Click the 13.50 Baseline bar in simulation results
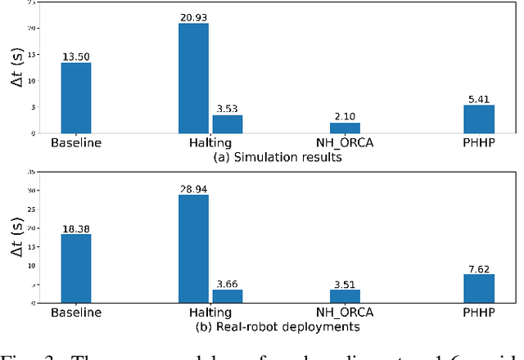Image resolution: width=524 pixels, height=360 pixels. (75, 97)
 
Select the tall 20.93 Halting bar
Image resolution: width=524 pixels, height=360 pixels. (193, 78)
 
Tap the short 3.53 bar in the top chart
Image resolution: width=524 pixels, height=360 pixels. (227, 124)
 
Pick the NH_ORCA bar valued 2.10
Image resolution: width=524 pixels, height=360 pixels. (344, 128)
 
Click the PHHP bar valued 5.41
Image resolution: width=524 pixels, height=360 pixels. (479, 119)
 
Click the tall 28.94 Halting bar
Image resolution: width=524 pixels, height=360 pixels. (193, 249)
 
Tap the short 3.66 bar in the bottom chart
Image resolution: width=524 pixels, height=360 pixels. (227, 296)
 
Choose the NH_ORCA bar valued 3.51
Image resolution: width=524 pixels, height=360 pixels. (344, 296)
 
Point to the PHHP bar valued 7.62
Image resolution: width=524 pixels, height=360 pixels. (479, 289)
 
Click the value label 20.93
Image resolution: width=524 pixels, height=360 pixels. (193, 16)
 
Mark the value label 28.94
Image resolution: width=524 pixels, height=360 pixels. (193, 188)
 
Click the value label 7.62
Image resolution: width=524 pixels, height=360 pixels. (479, 268)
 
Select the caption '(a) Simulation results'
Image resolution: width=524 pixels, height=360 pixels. (277, 156)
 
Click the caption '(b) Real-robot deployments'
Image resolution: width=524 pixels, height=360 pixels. (277, 327)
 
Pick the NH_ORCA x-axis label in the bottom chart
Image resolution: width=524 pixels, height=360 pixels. (344, 313)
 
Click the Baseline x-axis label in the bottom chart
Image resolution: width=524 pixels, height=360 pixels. (75, 313)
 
